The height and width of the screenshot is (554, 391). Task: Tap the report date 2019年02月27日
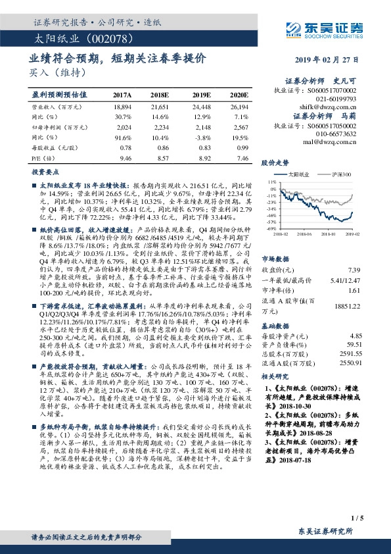click(x=333, y=59)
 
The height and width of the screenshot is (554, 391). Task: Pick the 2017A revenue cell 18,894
click(x=123, y=106)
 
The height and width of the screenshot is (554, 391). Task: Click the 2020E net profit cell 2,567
click(x=241, y=127)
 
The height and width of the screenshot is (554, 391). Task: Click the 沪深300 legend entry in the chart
click(x=342, y=174)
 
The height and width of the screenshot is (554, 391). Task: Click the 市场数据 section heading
click(x=277, y=259)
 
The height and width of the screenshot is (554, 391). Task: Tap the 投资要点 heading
click(x=46, y=171)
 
